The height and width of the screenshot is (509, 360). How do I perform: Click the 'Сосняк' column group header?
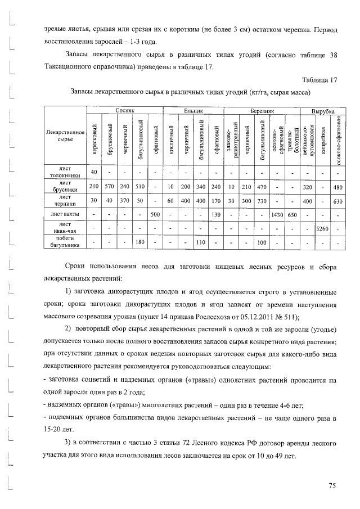click(124, 111)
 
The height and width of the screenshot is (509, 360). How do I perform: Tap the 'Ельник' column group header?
click(193, 111)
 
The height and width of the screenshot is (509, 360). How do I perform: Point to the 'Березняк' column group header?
click(262, 111)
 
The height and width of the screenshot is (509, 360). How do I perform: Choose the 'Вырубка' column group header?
click(323, 111)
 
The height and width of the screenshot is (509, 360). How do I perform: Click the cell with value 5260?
click(322, 229)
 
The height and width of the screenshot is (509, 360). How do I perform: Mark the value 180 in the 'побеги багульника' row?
click(140, 243)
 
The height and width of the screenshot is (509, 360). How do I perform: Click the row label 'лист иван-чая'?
click(65, 229)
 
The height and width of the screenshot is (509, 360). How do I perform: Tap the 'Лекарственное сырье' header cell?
click(65, 135)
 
